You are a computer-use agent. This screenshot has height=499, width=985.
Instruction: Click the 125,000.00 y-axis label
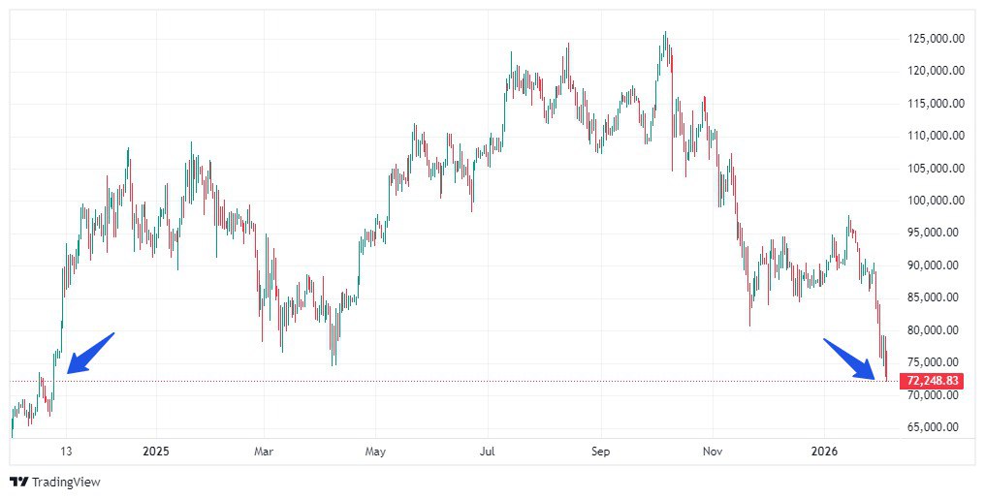pos(935,39)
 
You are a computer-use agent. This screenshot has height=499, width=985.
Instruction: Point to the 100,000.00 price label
pos(935,201)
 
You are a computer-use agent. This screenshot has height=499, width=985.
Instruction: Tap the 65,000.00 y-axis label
pos(935,427)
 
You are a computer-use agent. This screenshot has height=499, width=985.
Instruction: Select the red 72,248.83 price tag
pos(931,381)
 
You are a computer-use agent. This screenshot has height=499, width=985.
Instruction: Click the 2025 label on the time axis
pos(155,452)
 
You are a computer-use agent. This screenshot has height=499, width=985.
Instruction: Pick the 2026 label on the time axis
pos(823,452)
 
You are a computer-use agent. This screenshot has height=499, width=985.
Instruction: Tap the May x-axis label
pos(376,452)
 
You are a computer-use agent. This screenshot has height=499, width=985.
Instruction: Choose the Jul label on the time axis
pos(488,452)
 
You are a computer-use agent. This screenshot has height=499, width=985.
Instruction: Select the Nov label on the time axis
pos(713,452)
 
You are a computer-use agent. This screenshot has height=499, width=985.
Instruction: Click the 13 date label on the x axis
pos(66,452)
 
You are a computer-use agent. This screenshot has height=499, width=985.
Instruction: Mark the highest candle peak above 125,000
pos(665,33)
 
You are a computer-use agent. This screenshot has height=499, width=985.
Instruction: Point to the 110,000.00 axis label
pos(935,136)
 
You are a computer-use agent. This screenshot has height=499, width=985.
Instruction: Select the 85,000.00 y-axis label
pos(935,297)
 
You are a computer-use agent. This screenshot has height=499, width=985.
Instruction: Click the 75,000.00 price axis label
pos(935,362)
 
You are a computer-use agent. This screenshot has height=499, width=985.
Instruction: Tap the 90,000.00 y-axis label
pos(935,265)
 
